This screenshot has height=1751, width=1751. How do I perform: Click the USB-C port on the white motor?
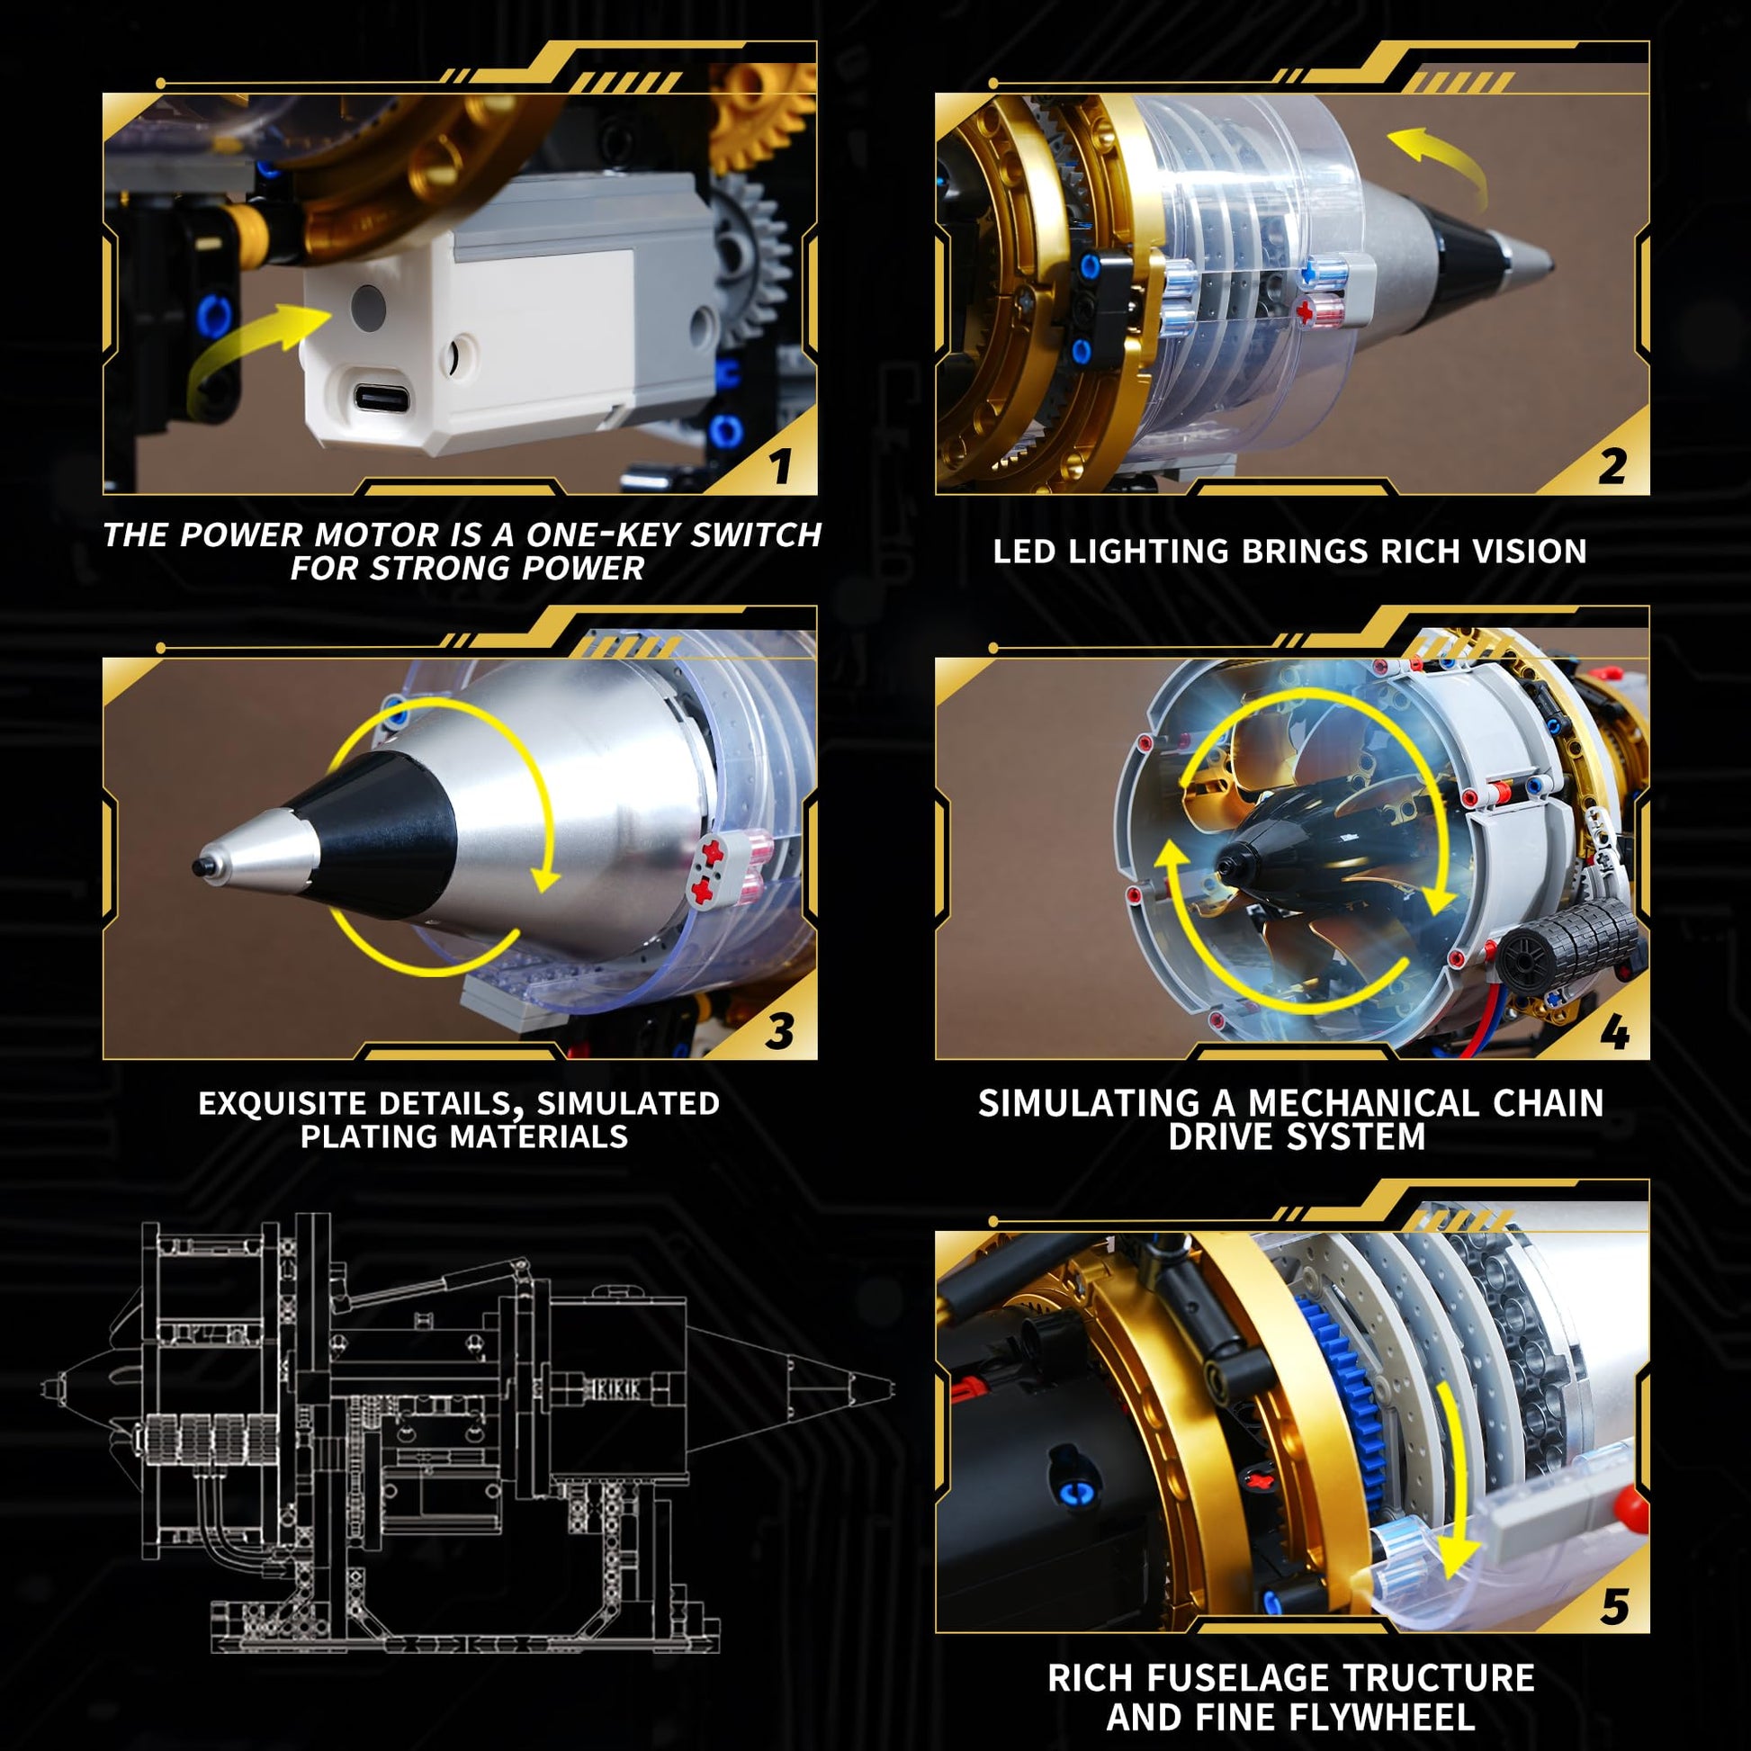(x=381, y=397)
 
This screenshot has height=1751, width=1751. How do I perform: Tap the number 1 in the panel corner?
(x=781, y=466)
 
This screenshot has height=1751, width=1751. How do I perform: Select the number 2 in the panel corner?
(x=1612, y=466)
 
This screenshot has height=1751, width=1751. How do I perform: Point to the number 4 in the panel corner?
(x=1613, y=1032)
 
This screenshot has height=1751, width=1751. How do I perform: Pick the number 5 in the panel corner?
(x=1614, y=1606)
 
